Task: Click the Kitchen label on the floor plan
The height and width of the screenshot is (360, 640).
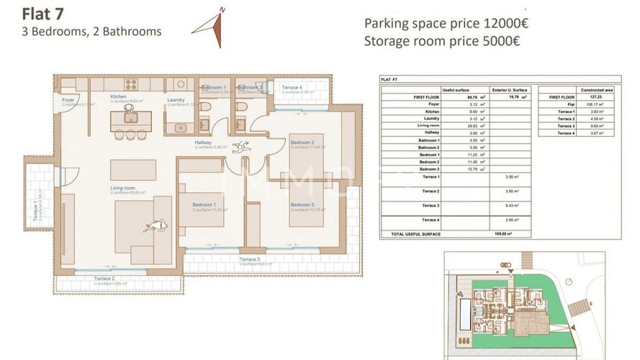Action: [119, 96]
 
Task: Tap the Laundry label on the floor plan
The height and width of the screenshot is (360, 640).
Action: [176, 100]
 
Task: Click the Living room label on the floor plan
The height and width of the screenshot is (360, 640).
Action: [124, 189]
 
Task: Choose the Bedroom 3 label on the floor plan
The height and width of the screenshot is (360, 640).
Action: [302, 205]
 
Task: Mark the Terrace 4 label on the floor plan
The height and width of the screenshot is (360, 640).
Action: [292, 88]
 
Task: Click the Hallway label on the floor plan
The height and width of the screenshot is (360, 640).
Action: [204, 143]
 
